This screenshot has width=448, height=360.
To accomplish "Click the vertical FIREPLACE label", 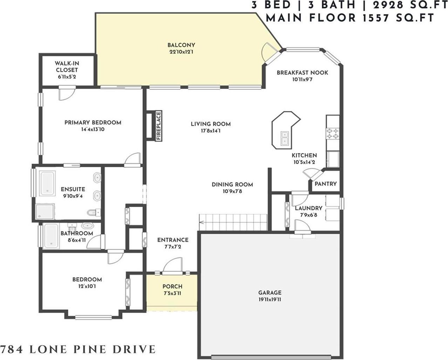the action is [x=159, y=126].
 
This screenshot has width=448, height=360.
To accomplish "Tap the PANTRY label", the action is [x=326, y=184].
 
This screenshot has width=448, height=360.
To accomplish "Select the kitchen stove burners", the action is [x=333, y=134].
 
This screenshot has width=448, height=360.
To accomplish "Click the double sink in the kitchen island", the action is [x=284, y=138].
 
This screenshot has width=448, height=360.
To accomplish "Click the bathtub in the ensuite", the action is [x=48, y=184].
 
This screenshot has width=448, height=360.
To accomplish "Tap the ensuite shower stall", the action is [x=45, y=212].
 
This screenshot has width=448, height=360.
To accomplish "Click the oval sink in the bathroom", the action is [x=87, y=226].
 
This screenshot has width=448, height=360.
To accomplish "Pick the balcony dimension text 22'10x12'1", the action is [x=181, y=52].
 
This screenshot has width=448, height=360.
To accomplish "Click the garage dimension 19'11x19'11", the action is [x=270, y=300].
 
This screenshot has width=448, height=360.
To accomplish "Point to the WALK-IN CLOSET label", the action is [x=67, y=67].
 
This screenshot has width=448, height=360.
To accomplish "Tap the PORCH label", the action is [x=172, y=286].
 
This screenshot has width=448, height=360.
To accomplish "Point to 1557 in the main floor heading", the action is [x=375, y=18].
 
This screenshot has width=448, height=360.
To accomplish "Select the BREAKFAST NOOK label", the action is [x=302, y=73].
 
